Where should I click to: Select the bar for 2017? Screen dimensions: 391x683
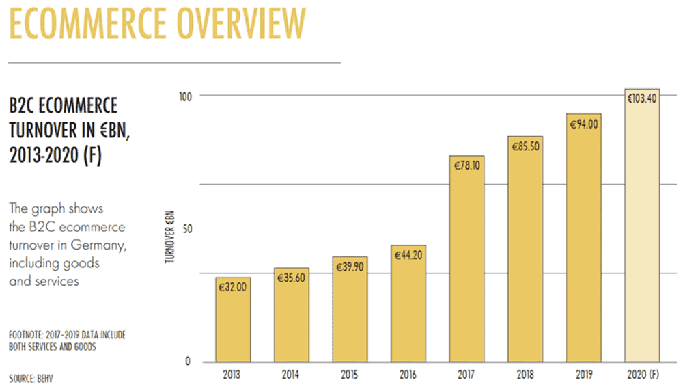[467, 260]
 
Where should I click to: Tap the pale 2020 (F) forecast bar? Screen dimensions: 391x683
[642, 226]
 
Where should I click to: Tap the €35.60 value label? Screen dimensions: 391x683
[292, 278]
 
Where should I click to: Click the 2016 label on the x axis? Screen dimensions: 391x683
[409, 375]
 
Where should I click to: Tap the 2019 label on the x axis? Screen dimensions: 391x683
[584, 375]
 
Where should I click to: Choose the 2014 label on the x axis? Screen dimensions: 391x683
[292, 375]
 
